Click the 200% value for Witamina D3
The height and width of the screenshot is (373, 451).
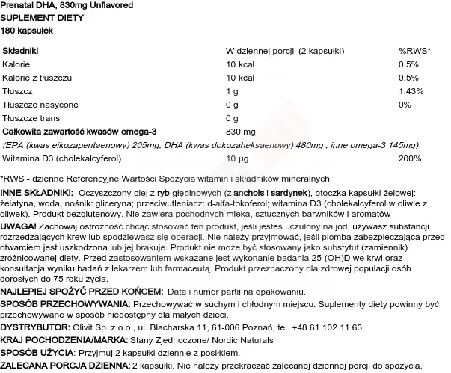click(x=411, y=158)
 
